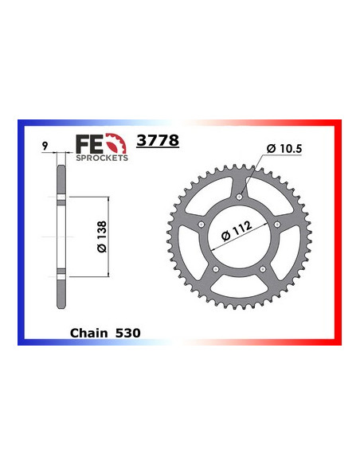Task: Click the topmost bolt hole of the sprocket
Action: (x=240, y=195)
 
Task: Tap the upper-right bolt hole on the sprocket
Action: (x=276, y=224)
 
